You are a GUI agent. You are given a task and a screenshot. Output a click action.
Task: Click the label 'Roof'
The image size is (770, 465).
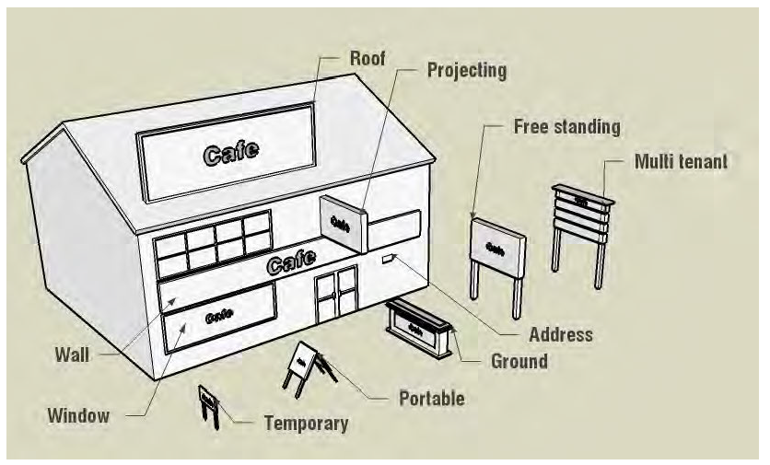click(x=367, y=58)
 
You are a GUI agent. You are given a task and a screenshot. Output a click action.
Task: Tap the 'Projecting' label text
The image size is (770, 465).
click(x=466, y=70)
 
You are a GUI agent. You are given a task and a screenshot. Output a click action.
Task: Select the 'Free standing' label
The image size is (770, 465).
click(x=566, y=126)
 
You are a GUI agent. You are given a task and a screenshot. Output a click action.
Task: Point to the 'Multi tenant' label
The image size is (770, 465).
click(x=681, y=162)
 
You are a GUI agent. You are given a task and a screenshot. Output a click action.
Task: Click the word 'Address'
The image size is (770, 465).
click(x=560, y=334)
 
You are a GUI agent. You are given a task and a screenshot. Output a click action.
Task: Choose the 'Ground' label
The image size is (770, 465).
click(x=519, y=361)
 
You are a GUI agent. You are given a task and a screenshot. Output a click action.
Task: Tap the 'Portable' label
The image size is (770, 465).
click(x=431, y=399)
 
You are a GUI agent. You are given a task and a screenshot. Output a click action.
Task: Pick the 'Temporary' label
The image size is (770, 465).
click(x=306, y=424)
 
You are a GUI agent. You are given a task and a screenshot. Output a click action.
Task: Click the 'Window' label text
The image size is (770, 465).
click(x=78, y=415)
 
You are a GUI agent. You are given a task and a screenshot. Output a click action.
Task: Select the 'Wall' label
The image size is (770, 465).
click(x=73, y=354)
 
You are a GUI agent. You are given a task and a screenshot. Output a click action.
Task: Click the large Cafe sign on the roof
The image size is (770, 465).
click(x=226, y=149)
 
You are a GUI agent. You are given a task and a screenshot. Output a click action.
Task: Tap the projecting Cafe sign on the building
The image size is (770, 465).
click(x=341, y=221)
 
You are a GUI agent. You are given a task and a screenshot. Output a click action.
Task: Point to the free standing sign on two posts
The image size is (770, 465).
click(x=498, y=248)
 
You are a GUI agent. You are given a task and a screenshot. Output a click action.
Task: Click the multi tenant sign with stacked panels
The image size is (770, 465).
click(x=580, y=212)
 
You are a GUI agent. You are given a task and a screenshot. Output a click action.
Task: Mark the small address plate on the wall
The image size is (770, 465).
click(x=388, y=262)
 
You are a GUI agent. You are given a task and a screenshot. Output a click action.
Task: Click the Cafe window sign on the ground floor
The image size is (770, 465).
click(x=219, y=315)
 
